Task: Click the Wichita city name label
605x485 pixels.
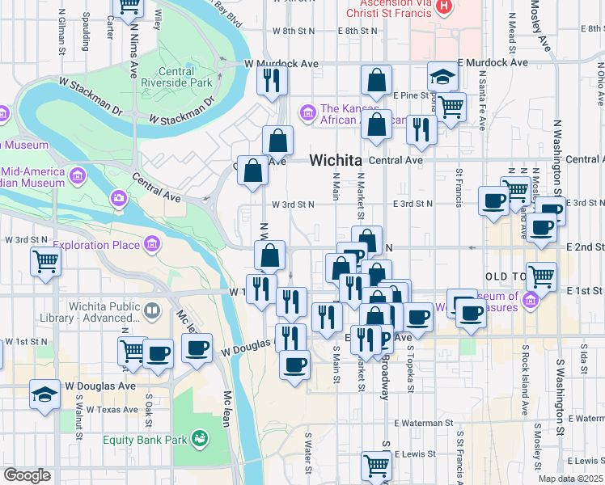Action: [x=335, y=160]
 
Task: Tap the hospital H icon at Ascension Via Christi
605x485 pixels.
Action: [x=444, y=6]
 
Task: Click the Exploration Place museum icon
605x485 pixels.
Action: [x=151, y=243]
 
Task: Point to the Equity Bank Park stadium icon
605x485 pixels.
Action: [x=199, y=440]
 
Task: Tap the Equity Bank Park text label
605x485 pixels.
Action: [x=146, y=441]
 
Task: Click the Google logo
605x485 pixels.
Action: [x=27, y=475]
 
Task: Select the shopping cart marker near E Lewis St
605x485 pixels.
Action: [x=377, y=465]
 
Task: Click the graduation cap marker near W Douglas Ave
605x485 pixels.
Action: [x=44, y=394]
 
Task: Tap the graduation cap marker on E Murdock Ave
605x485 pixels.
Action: [x=442, y=77]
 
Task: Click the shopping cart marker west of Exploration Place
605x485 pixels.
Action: [x=46, y=261]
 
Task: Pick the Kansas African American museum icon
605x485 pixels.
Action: [x=307, y=111]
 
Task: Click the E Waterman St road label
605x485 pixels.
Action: [x=424, y=423]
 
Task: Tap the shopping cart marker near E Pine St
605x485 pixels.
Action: [x=451, y=106]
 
